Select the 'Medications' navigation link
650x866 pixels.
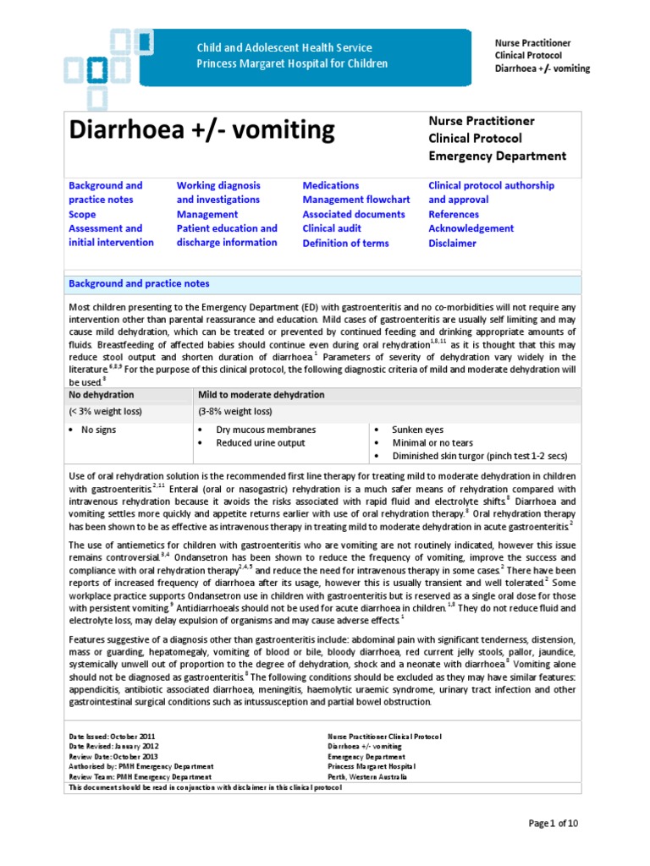pos(331,185)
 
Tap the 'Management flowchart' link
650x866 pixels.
pos(356,200)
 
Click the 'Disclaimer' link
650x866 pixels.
pos(453,244)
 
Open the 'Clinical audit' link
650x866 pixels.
pos(332,228)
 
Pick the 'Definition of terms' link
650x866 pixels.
pos(346,244)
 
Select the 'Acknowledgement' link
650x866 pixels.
pos(471,228)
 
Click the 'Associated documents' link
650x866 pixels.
pos(354,214)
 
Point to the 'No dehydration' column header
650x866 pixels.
pos(102,395)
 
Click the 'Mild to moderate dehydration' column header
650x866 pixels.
pos(262,395)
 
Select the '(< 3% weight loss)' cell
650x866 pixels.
pos(106,412)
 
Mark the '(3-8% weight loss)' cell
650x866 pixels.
pos(235,412)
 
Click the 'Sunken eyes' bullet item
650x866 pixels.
pos(418,430)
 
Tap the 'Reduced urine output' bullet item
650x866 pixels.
pos(261,443)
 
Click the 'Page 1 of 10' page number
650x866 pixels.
pos(554,823)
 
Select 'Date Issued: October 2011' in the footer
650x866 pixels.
pos(112,737)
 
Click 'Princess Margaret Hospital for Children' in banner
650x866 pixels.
pos(292,63)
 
